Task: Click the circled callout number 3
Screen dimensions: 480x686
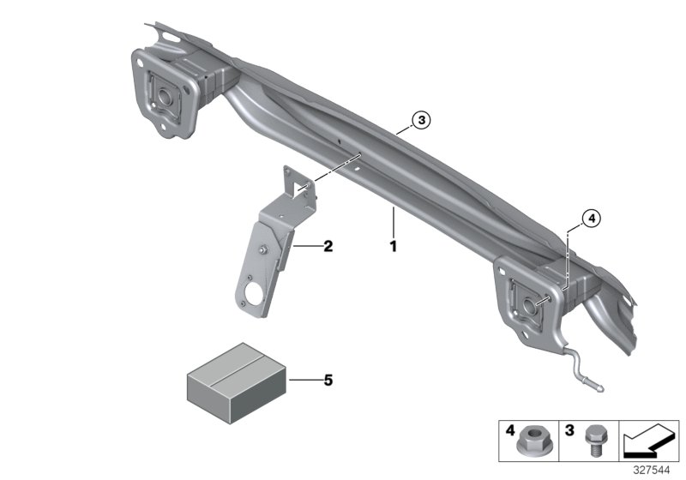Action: (419, 121)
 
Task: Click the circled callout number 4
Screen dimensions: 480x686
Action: (591, 219)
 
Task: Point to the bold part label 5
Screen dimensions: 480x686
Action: (327, 378)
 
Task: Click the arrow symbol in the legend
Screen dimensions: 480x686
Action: (647, 445)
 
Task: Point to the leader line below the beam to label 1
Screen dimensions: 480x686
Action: (393, 222)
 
